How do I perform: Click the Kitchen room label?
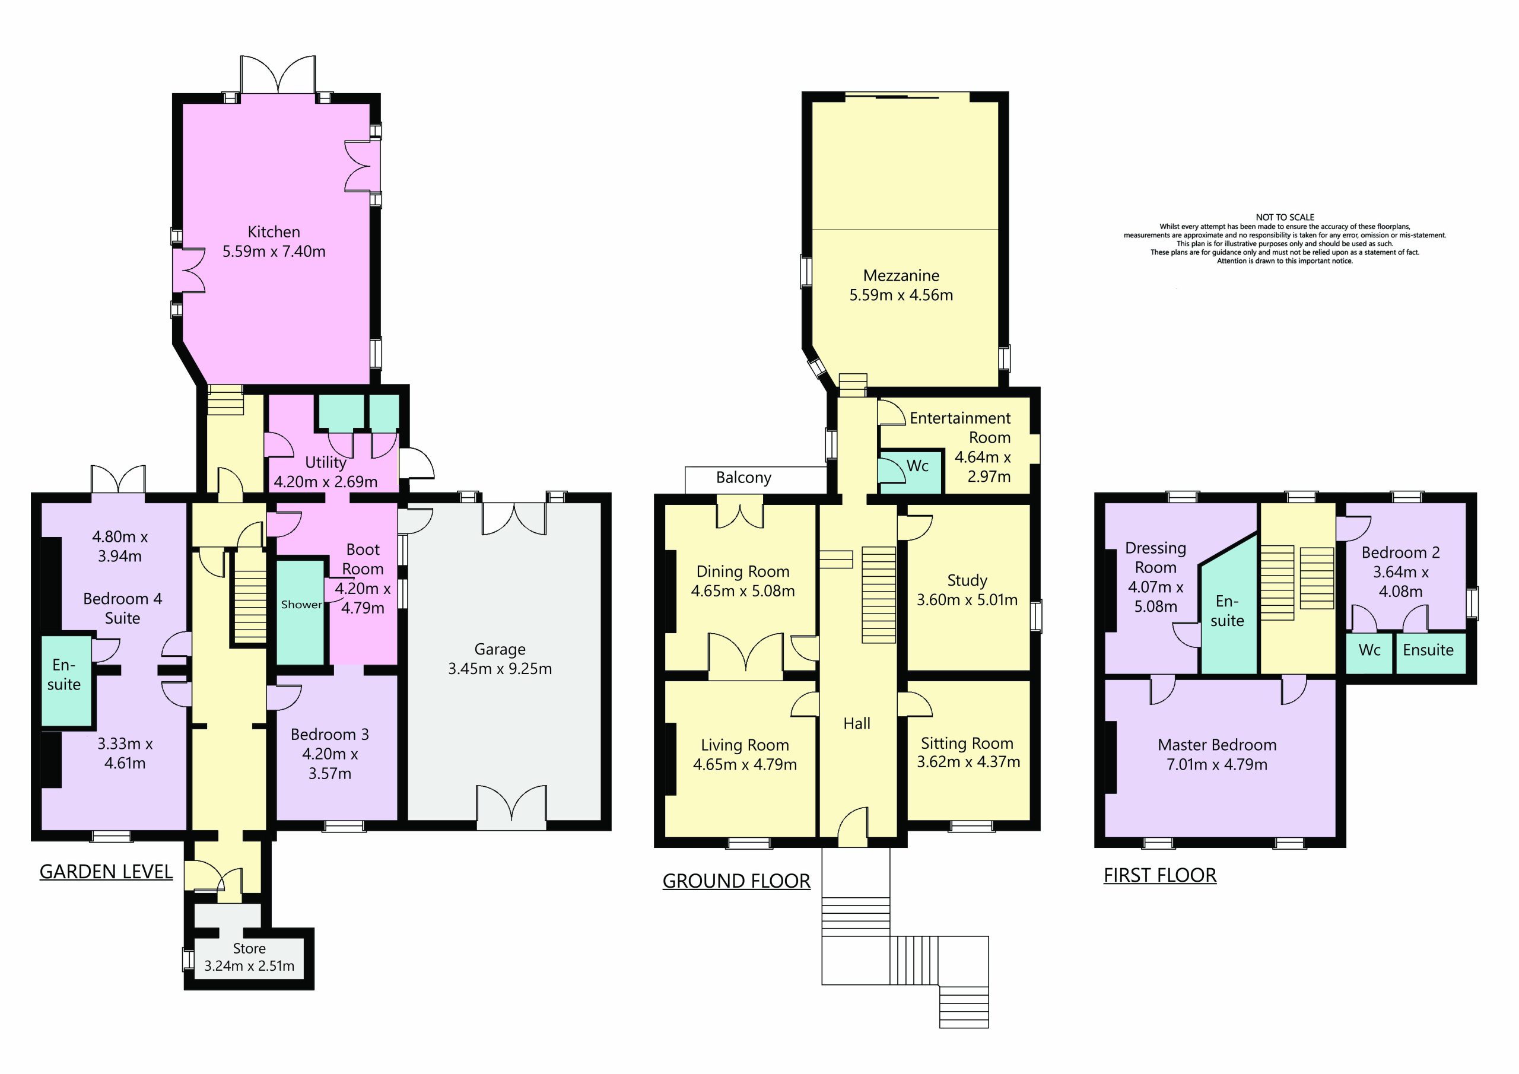pos(274,232)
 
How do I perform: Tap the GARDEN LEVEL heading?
pos(106,872)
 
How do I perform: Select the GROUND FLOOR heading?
pos(736,881)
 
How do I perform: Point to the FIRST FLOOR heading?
pos(1160,875)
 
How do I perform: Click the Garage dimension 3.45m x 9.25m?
pos(500,668)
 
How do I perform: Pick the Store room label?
pos(249,948)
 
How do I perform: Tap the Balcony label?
pos(743,478)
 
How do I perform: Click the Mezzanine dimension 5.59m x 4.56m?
pos(901,295)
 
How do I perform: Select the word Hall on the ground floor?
pos(857,723)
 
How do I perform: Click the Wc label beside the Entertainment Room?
pos(917,466)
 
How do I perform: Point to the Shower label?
pos(301,604)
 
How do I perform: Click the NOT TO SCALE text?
pos(1285,217)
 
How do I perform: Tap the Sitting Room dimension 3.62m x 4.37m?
pos(968,762)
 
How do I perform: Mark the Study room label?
pos(967,580)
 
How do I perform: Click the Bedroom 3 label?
pos(329,734)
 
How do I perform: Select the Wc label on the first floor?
pos(1369,650)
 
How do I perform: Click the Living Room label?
pos(745,745)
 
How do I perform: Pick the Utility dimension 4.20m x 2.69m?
pos(326,482)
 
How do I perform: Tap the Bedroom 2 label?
pos(1400,552)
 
